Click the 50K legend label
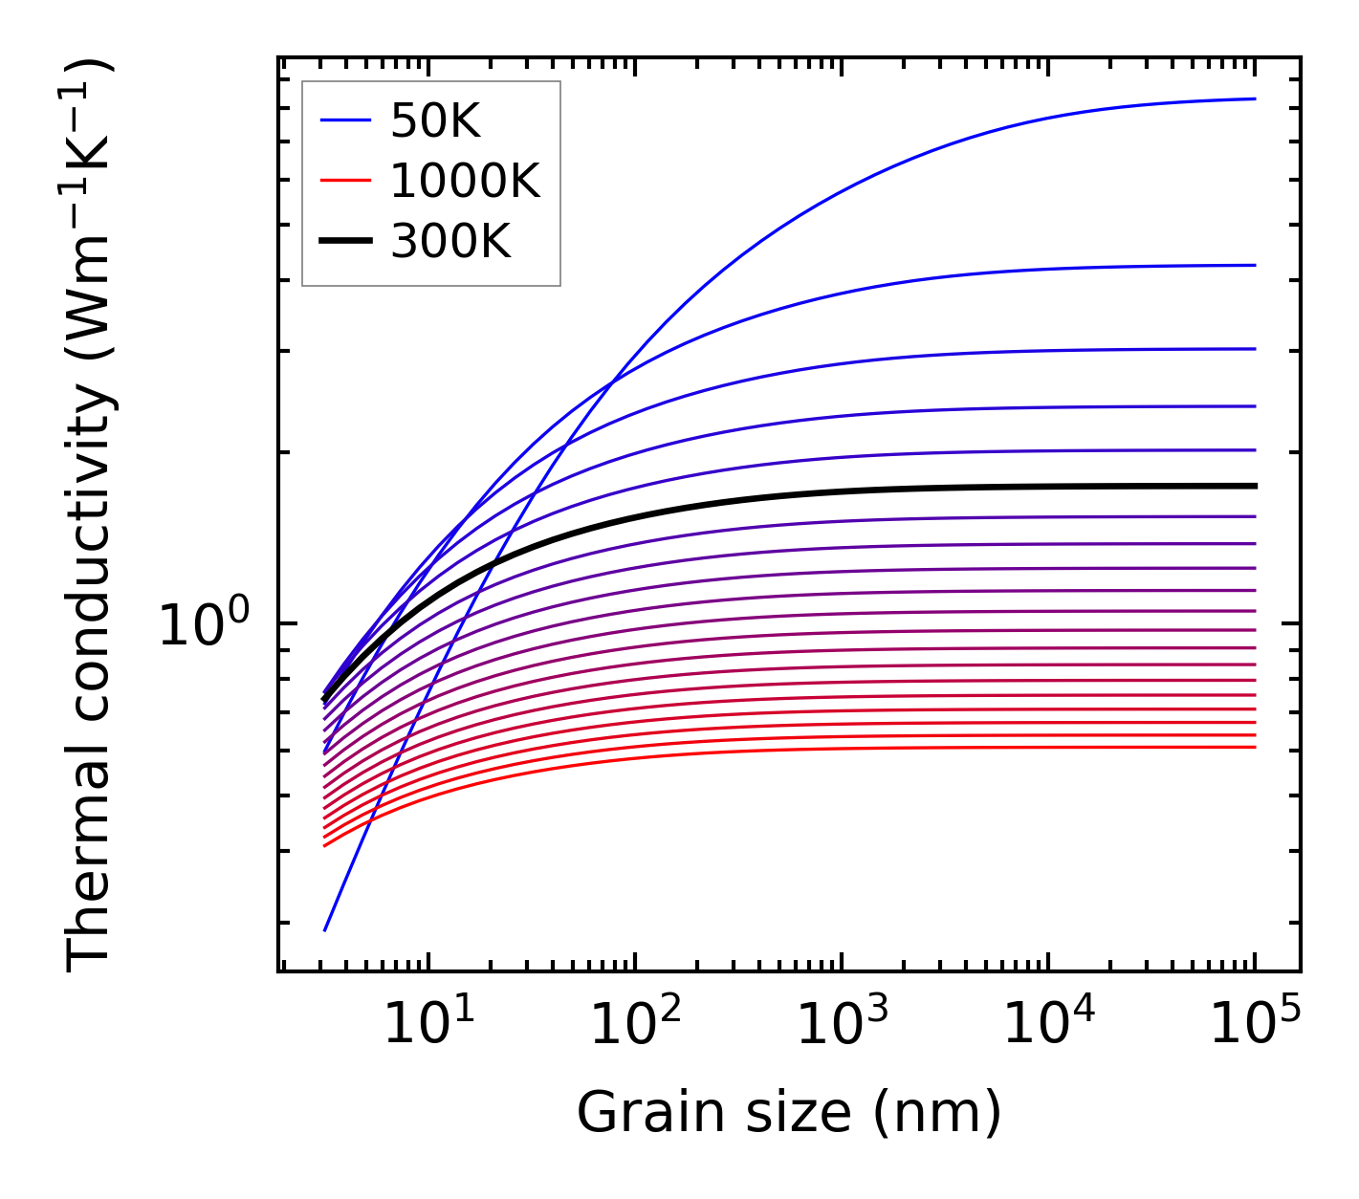pyautogui.click(x=435, y=121)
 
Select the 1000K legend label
pyautogui.click(x=465, y=181)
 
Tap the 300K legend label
pyautogui.click(x=450, y=242)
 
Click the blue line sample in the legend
pyautogui.click(x=344, y=120)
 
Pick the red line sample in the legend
pyautogui.click(x=344, y=181)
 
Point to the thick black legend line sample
pyautogui.click(x=344, y=242)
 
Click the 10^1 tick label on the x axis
pyautogui.click(x=427, y=1024)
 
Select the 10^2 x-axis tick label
pyautogui.click(x=635, y=1024)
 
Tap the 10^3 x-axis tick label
pyautogui.click(x=842, y=1024)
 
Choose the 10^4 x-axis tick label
pyautogui.click(x=1048, y=1024)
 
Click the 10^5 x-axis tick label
pyautogui.click(x=1255, y=1024)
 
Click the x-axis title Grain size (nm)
pyautogui.click(x=789, y=1113)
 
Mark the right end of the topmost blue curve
pyautogui.click(x=1254, y=98)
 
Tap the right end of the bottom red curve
pyautogui.click(x=1254, y=747)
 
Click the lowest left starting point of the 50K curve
pyautogui.click(x=325, y=929)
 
